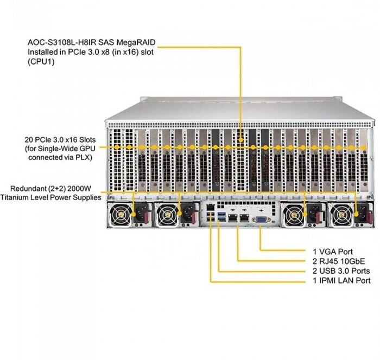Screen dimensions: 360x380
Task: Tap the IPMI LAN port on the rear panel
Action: point(210,208)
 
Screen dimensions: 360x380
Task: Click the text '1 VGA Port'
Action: point(332,252)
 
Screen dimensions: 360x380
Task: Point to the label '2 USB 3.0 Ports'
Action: point(341,271)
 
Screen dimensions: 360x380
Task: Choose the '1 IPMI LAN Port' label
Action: point(341,280)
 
